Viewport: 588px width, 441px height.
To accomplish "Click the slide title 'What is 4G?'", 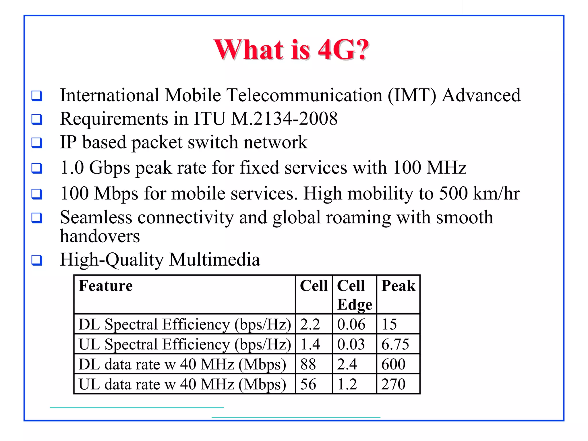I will coord(291,49).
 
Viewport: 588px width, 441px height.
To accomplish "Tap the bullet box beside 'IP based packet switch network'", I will coord(37,143).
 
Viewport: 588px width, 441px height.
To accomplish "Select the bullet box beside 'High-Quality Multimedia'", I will coord(37,260).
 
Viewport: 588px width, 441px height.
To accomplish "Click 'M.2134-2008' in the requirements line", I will coord(284,119).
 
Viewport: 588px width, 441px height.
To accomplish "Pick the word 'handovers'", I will coord(100,236).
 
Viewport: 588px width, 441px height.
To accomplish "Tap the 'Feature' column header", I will coord(106,286).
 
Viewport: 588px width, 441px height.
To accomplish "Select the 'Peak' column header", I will coord(398,286).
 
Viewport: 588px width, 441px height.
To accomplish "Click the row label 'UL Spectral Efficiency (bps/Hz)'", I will coord(185,344).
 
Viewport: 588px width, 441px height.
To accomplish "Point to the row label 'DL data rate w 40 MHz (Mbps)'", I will coord(182,364).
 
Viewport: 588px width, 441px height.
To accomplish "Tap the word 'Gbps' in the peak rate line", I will coord(110,168).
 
